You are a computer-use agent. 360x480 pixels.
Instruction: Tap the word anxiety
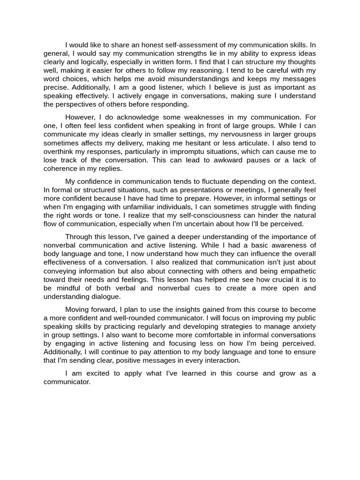pyautogui.click(x=301, y=326)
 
